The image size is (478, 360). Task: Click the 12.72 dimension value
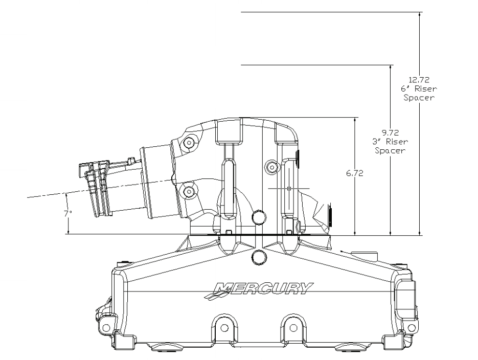[x=419, y=80]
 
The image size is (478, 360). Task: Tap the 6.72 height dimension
[x=354, y=173]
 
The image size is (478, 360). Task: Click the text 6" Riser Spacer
[x=419, y=93]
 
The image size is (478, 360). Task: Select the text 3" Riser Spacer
[x=390, y=146]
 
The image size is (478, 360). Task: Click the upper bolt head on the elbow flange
[x=190, y=142]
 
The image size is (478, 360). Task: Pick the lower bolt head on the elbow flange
[x=190, y=192]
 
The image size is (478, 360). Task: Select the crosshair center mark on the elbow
[x=289, y=189]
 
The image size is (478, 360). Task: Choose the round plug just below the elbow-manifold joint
[x=260, y=256]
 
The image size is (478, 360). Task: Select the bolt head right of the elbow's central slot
[x=271, y=166]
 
